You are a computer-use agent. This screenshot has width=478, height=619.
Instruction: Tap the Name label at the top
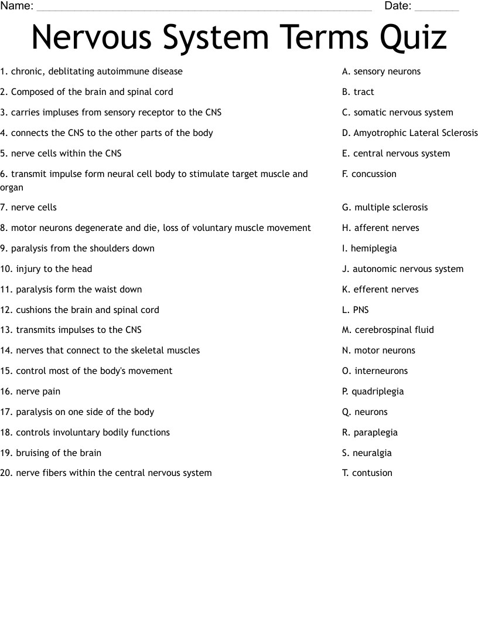tap(16, 6)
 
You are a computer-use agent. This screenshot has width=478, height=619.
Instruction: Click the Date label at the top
tap(398, 6)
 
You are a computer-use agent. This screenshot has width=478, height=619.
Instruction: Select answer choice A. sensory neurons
tap(381, 72)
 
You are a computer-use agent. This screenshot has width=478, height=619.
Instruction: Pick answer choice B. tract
tap(358, 92)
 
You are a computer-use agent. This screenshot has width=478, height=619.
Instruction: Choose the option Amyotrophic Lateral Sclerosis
tap(410, 133)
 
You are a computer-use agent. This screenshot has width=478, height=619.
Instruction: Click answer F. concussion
tap(369, 174)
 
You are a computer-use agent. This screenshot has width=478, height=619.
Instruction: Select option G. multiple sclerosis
tap(385, 208)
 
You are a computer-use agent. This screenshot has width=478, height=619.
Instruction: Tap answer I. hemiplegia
tap(369, 249)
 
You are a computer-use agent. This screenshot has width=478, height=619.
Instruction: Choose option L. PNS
tap(356, 310)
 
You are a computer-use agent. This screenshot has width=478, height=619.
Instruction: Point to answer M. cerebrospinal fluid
tap(388, 330)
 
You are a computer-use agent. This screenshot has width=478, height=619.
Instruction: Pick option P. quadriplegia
tap(373, 392)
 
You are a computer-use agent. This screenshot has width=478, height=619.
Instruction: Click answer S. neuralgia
tap(367, 453)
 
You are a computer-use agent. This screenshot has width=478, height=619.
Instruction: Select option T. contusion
tap(367, 473)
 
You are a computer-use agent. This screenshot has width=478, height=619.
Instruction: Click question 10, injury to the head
tap(46, 269)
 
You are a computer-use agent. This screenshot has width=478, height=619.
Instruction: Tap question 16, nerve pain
tap(30, 392)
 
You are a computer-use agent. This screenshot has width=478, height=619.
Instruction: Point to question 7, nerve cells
tap(29, 208)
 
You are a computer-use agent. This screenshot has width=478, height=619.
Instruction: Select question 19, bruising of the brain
tap(51, 453)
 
